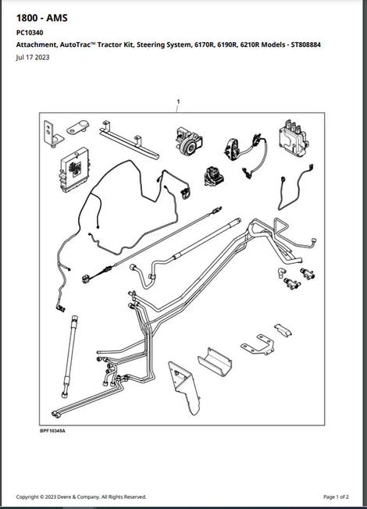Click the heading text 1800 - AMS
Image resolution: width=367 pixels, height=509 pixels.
[42, 18]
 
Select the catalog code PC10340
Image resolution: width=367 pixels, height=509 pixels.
[30, 33]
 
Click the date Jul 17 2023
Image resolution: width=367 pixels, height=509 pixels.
[33, 58]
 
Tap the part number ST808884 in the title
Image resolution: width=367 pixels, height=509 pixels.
[305, 44]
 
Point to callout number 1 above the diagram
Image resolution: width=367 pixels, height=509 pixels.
[178, 101]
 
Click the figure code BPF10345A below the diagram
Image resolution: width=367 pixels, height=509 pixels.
[52, 431]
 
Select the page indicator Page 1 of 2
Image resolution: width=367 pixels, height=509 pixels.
[336, 497]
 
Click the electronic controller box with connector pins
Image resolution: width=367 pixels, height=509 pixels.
[74, 170]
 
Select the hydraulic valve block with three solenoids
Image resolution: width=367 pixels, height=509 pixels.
[294, 138]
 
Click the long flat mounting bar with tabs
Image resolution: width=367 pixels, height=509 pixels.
[130, 140]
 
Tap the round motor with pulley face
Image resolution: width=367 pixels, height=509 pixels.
[189, 141]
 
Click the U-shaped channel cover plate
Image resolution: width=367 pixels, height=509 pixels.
[215, 361]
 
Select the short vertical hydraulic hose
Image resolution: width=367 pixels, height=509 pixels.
[69, 356]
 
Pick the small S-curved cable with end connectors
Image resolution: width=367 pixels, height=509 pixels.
[294, 188]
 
